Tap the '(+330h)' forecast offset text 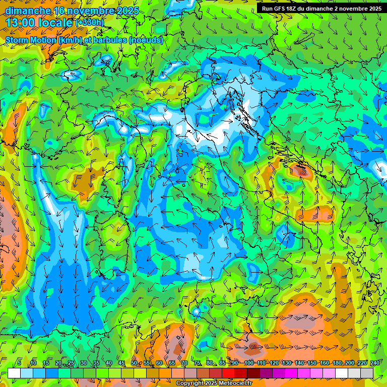(89, 23)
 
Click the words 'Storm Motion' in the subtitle (31, 40)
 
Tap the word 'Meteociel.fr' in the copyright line (235, 383)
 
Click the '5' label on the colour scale (19, 363)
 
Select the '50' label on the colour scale (134, 363)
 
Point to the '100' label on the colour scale (249, 363)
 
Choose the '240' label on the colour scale (375, 363)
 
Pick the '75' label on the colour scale (197, 363)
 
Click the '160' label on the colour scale (325, 363)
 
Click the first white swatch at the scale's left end (14, 373)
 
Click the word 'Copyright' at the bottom (190, 383)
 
